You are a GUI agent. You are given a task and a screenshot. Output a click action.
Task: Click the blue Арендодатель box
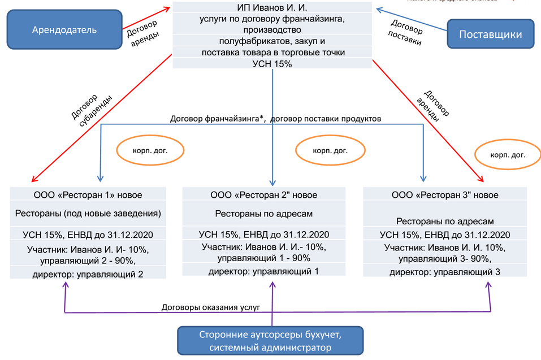point(64,29)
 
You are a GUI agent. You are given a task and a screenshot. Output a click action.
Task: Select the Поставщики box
point(490,34)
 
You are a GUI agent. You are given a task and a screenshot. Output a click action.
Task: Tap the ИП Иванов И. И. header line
point(272,7)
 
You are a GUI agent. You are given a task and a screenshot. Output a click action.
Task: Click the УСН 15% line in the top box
point(272,64)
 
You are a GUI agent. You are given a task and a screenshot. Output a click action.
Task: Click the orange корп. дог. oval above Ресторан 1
point(150,151)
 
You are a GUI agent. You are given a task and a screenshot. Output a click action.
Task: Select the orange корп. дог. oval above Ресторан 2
point(330,151)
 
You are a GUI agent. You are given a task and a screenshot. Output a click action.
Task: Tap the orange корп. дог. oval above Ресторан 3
point(507,155)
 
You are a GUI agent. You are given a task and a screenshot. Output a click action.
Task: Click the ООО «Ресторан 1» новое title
point(88,195)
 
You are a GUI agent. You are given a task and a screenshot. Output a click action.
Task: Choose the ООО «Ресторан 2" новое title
point(263,195)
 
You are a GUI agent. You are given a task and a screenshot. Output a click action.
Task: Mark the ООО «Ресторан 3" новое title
point(445,195)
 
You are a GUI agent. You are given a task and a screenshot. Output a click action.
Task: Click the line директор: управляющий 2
point(88,274)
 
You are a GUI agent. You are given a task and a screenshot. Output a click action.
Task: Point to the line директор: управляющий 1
point(263,271)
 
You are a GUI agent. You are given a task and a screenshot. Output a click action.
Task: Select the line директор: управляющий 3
point(445,272)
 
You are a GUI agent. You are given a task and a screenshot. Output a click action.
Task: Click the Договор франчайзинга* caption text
point(218,119)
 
